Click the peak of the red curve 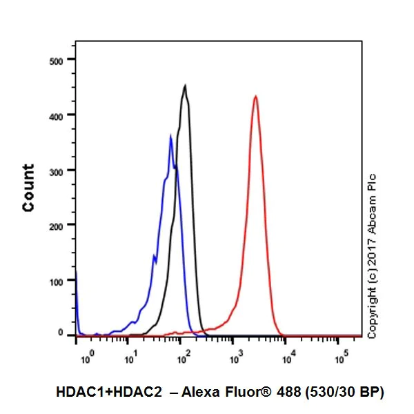(x=255, y=97)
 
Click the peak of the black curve (x=185, y=86)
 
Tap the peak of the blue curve (x=170, y=136)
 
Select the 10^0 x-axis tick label (x=86, y=357)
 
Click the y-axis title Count (x=29, y=188)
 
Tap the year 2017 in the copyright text (x=373, y=253)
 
